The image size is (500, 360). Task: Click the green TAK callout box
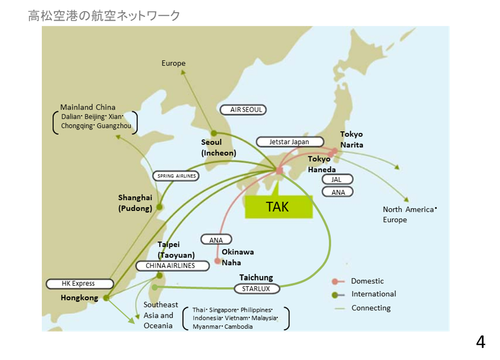pos(278,207)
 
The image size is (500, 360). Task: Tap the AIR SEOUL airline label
pos(243,110)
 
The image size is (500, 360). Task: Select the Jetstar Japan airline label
pos(289,142)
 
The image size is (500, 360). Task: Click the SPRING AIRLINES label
pos(177,176)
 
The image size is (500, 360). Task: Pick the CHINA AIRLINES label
pos(170,266)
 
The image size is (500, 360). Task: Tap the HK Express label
pos(78,284)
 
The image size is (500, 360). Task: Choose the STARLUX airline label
pos(256,289)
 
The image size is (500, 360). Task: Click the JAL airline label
pos(337,180)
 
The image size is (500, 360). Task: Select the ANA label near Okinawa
pos(216,240)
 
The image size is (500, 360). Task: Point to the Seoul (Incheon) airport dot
pos(214,133)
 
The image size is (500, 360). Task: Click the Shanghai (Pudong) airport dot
pos(159,207)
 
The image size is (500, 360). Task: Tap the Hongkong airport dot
pos(106,298)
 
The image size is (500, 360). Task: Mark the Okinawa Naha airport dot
pos(217,261)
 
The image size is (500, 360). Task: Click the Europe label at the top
pos(174,63)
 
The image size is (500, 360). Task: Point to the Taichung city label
pos(256,278)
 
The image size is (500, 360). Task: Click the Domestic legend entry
pos(367,281)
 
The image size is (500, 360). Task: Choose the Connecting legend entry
pos(371,308)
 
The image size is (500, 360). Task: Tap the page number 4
pos(480,343)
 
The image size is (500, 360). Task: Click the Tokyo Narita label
pos(351,140)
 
